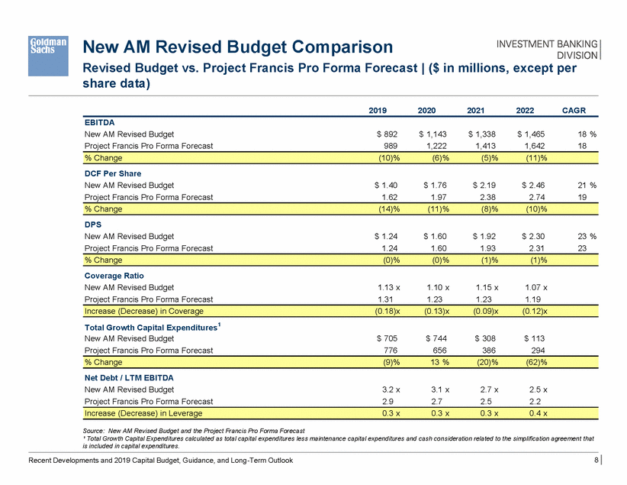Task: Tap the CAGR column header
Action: [574, 111]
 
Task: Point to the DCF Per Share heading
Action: [112, 173]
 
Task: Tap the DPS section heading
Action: [93, 225]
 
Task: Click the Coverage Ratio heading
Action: [114, 276]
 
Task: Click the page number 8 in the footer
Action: [594, 460]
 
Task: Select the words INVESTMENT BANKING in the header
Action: [550, 44]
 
